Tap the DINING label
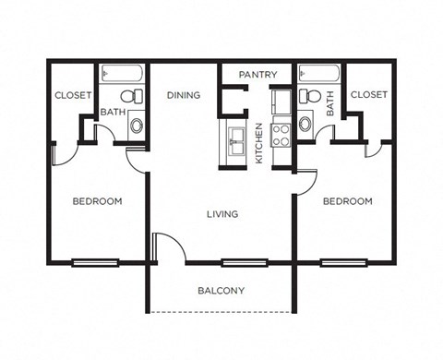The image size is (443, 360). [x=185, y=94]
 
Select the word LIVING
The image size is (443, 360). [x=222, y=214]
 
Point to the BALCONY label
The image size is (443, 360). [x=221, y=291]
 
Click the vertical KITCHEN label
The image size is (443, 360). [x=259, y=143]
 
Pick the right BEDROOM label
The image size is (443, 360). [x=348, y=201]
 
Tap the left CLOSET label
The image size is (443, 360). [x=71, y=95]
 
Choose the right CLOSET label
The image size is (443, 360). [x=369, y=94]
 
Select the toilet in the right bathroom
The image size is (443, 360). [x=312, y=96]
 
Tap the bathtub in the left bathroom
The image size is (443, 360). [x=122, y=75]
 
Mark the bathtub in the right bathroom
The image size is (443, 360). [x=318, y=75]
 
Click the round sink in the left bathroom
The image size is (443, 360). [x=136, y=125]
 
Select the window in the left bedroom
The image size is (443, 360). [x=96, y=262]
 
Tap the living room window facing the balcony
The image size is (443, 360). [x=245, y=262]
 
